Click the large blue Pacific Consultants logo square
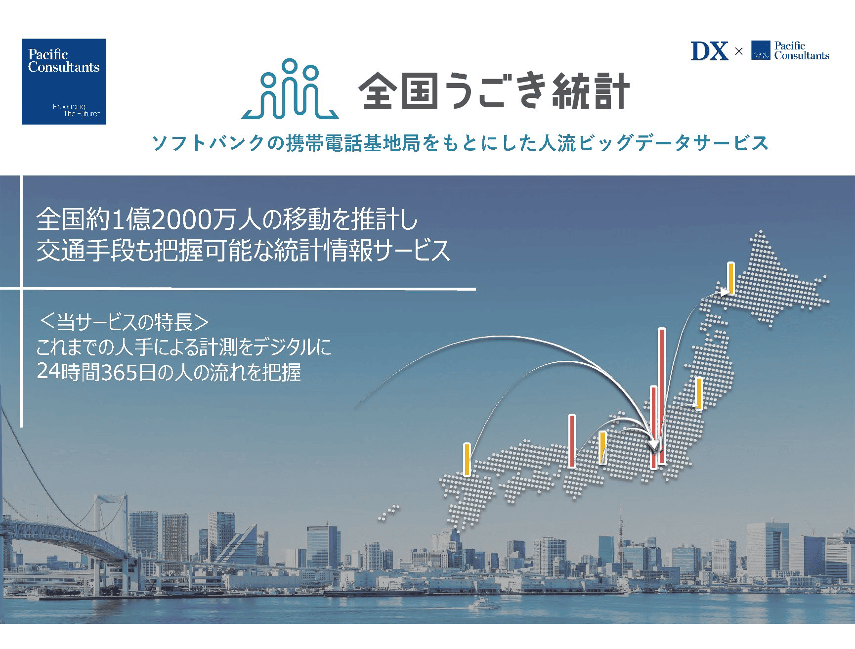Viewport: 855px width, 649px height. tap(64, 82)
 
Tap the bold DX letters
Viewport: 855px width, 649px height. tap(709, 51)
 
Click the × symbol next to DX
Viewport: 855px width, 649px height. tap(739, 51)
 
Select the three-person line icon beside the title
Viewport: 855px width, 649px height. tap(290, 89)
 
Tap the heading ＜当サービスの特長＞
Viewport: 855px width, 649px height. tap(124, 322)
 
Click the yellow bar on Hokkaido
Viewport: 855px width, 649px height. tap(730, 278)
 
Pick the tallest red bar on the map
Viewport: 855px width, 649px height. tap(662, 396)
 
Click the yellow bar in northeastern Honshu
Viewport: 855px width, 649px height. tap(699, 393)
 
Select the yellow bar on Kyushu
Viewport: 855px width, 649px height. tap(467, 460)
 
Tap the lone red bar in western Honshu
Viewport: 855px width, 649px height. tap(572, 441)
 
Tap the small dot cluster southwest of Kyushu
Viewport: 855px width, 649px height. tap(388, 513)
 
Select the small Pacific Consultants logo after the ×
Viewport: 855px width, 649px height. tap(790, 50)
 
